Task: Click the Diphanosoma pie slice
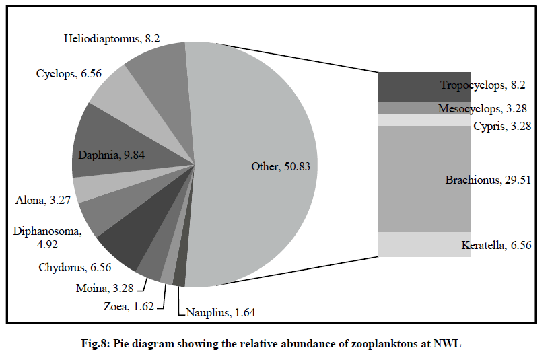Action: click(101, 215)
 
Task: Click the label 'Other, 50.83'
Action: click(280, 166)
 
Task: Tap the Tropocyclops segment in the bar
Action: click(424, 86)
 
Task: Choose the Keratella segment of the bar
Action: click(424, 244)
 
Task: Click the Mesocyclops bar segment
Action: click(424, 108)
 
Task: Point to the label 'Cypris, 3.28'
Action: click(501, 126)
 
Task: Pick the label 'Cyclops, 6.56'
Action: click(69, 73)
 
